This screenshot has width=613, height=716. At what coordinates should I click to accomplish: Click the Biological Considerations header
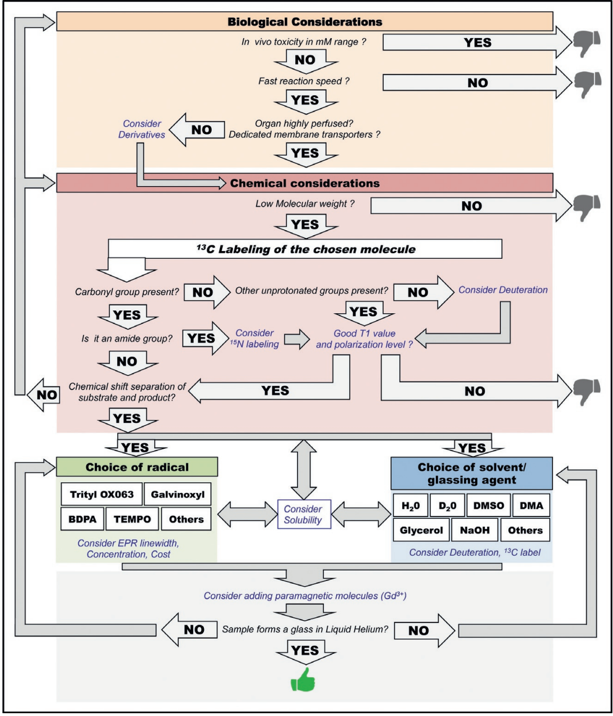[304, 22]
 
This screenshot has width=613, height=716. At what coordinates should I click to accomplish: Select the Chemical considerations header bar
[304, 183]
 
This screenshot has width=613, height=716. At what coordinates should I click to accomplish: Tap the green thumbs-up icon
[303, 680]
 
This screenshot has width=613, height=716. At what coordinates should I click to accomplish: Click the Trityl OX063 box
[101, 494]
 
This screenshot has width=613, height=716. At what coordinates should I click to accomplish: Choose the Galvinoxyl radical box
[178, 494]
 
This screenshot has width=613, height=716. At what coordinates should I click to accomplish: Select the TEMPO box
[132, 519]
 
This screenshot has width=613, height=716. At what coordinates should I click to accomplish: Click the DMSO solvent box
[488, 505]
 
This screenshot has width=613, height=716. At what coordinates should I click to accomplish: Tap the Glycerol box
[421, 530]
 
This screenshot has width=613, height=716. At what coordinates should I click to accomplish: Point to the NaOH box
[474, 530]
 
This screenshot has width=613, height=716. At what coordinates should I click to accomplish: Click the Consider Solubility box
[303, 514]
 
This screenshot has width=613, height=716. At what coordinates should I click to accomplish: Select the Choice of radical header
[137, 467]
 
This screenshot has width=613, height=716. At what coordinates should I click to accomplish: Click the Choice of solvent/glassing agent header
[471, 473]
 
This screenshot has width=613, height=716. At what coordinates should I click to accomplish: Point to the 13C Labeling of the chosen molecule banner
[305, 249]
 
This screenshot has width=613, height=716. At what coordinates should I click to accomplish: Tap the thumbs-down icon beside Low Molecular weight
[586, 205]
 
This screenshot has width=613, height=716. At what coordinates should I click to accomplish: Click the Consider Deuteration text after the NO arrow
[503, 290]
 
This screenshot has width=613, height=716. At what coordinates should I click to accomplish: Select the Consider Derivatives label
[142, 129]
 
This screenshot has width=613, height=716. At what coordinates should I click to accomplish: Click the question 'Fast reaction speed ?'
[304, 81]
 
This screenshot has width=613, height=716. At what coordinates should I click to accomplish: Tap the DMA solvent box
[531, 505]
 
